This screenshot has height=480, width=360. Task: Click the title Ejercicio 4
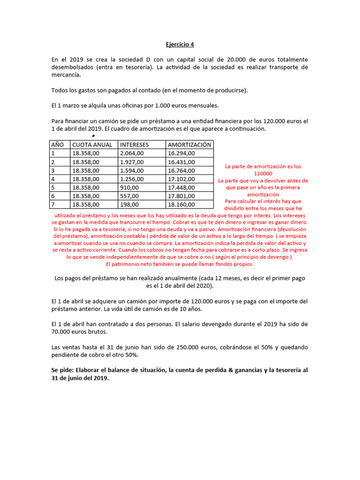pos(180,45)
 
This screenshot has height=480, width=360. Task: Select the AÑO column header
pos(57,144)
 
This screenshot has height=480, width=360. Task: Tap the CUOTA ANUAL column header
pos(92,144)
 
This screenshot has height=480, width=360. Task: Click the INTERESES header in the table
pos(135,144)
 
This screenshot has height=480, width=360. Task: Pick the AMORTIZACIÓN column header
pos(190,144)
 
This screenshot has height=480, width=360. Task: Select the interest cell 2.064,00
pos(132,153)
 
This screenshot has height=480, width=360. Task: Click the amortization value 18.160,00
pos(181,204)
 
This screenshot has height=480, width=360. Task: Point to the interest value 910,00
pos(129,187)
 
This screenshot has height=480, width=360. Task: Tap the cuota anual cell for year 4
pos(86,179)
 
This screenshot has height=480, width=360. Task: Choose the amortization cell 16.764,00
pos(181,170)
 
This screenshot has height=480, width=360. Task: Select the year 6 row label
pos(53,196)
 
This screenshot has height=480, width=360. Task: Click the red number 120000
pos(263,173)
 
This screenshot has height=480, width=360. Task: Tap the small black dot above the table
pos(93,136)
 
